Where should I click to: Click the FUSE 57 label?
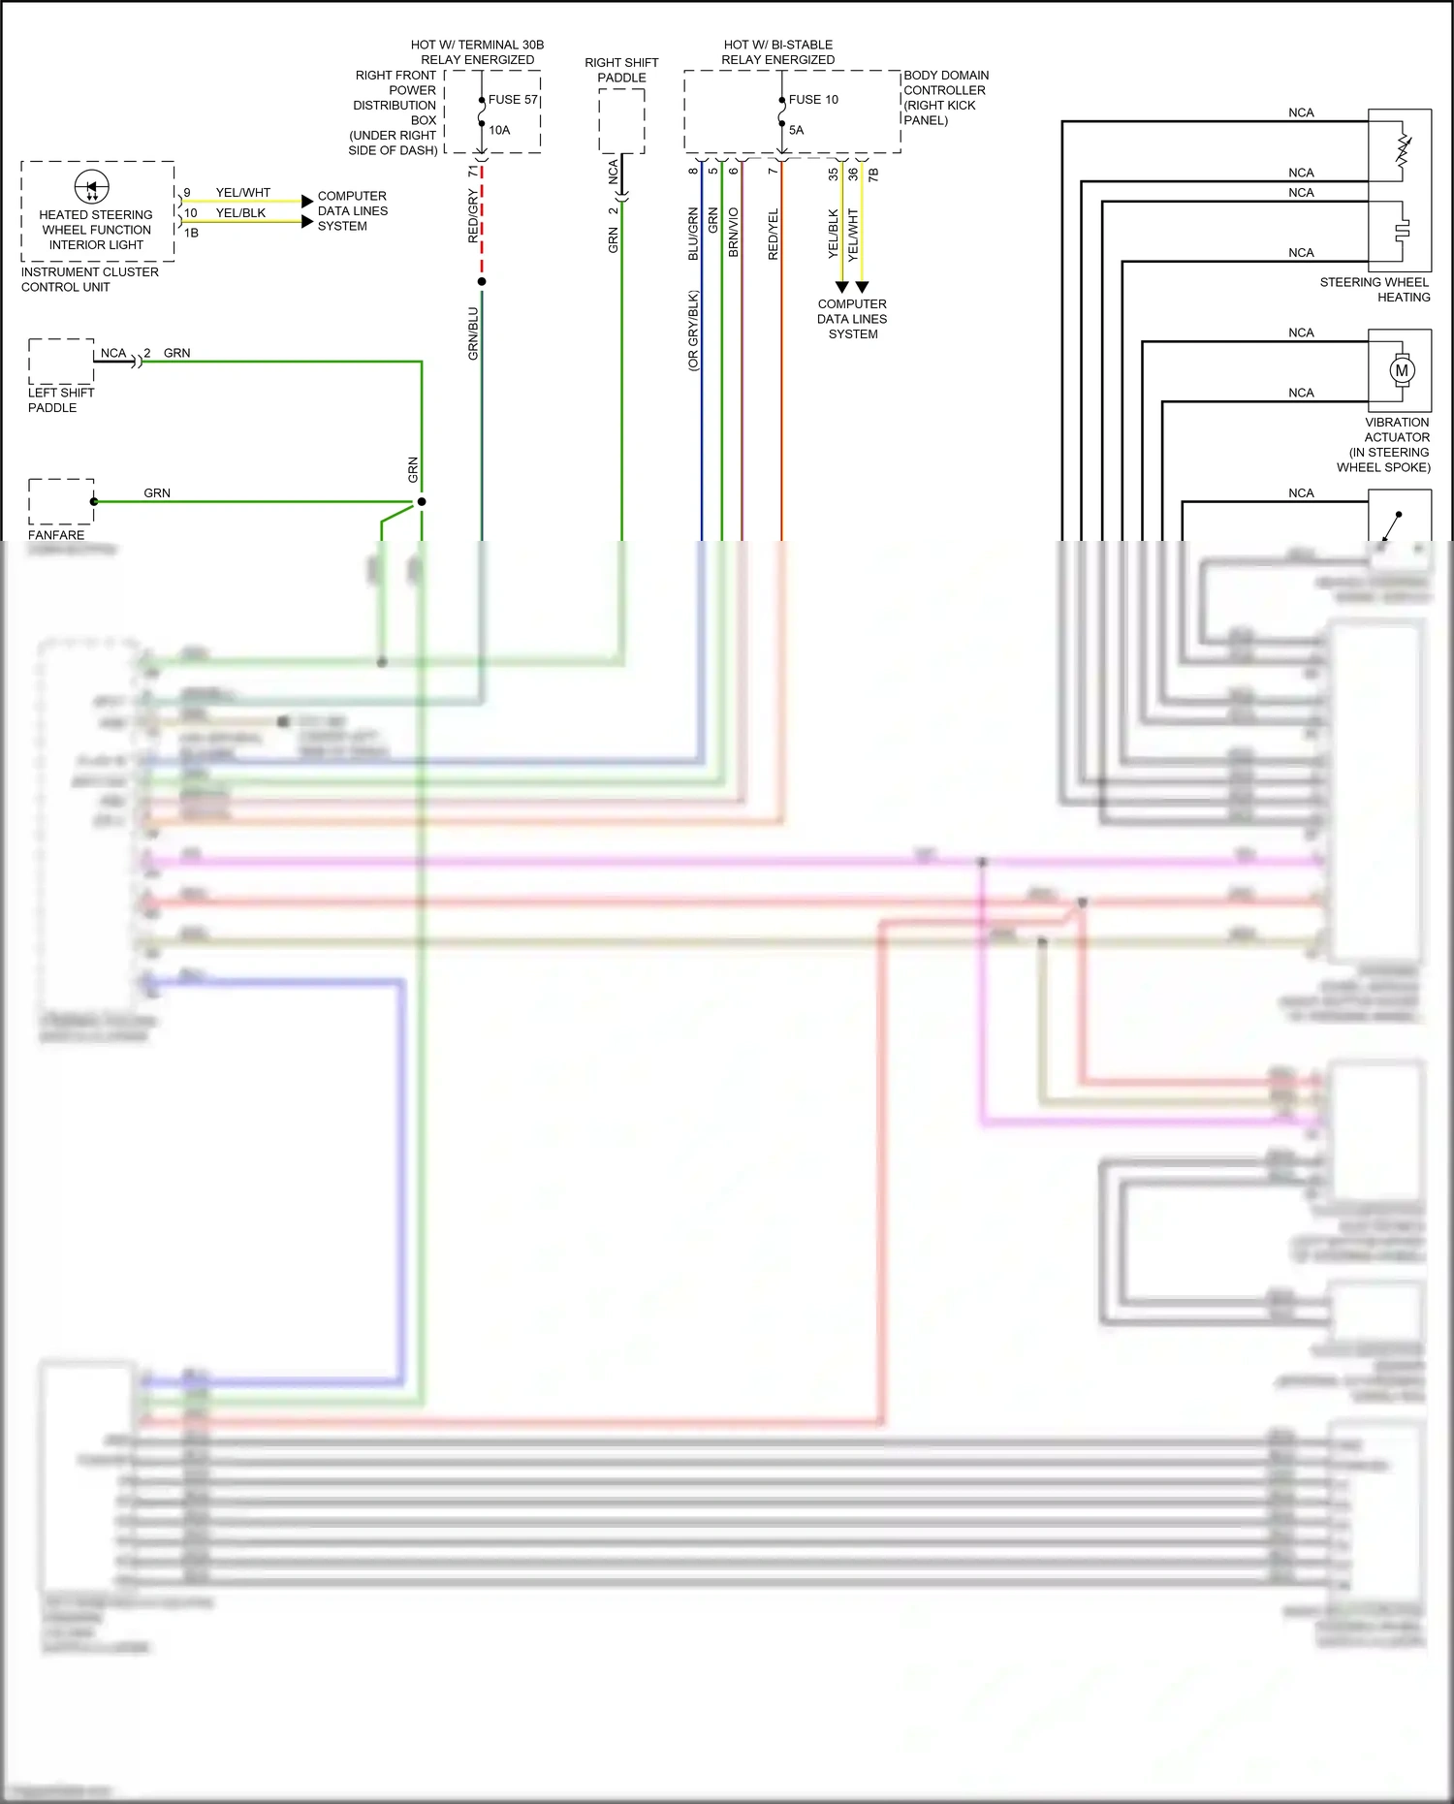pos(512,100)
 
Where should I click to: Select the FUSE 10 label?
pos(812,100)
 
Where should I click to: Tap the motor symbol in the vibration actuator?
pos(1401,370)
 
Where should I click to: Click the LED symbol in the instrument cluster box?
pos(92,186)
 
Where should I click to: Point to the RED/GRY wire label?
pos(473,216)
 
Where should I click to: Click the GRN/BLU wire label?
pos(473,333)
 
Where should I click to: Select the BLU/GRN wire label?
pos(693,234)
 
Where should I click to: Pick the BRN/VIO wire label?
pos(734,232)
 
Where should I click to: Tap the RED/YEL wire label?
pos(774,234)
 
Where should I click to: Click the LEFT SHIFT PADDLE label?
pos(60,400)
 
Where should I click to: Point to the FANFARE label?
pos(56,535)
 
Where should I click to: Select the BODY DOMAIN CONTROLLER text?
pos(945,82)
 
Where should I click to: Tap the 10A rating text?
pos(499,130)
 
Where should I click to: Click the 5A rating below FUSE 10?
pos(796,130)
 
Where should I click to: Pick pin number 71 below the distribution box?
pos(473,171)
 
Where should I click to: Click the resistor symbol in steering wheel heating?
pos(1403,149)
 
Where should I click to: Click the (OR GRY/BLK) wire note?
pos(693,331)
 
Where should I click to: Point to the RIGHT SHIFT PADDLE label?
pos(621,70)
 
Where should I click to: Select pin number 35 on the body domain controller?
pos(833,174)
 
